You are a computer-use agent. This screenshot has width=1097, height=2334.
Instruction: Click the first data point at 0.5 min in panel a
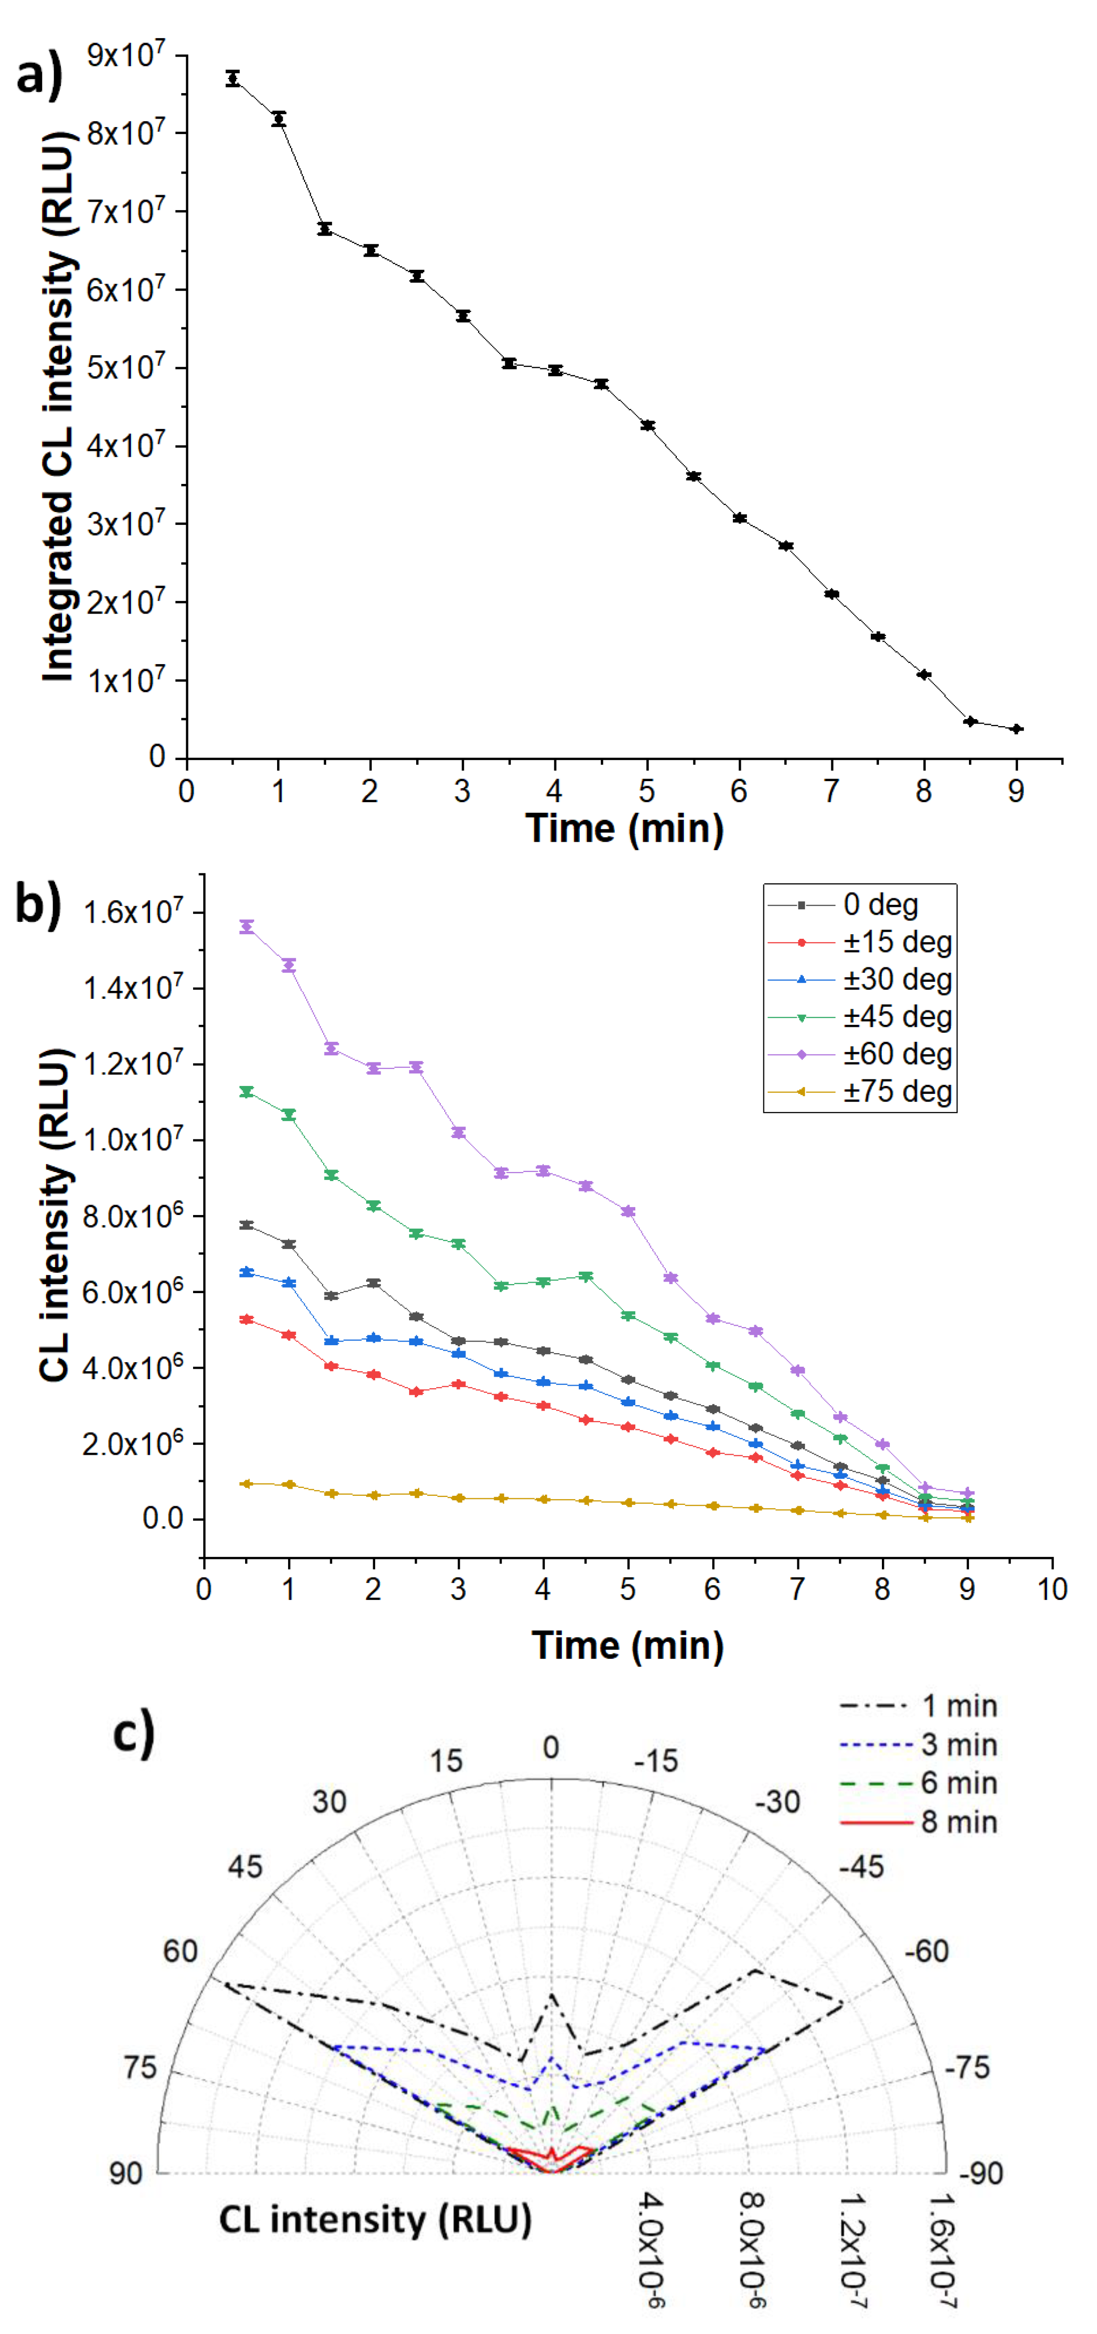coord(233,79)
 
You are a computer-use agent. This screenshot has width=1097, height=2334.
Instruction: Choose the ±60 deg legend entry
coord(897,1054)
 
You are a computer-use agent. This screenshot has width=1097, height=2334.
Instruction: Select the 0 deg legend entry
coord(880,904)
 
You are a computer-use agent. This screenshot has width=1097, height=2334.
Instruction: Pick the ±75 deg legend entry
coord(897,1091)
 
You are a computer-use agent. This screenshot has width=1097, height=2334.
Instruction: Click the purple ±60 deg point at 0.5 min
coord(247,926)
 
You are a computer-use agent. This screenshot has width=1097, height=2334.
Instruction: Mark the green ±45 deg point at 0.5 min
coord(247,1092)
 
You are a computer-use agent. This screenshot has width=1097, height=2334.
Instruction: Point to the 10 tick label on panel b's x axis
coord(1051,1588)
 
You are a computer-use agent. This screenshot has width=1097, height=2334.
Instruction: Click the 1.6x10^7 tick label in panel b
coord(132,911)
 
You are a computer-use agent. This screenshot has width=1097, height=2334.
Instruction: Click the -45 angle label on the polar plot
coord(860,1867)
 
